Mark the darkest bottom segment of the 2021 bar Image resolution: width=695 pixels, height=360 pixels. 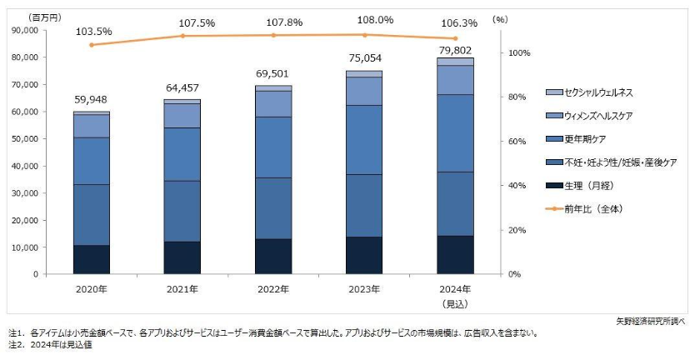182,257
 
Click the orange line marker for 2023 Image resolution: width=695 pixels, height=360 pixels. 364,35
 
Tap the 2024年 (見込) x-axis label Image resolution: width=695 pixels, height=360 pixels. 455,294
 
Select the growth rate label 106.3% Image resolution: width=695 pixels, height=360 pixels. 455,23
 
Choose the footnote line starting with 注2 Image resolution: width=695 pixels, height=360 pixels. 50,345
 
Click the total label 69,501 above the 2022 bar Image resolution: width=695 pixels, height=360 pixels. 273,76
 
